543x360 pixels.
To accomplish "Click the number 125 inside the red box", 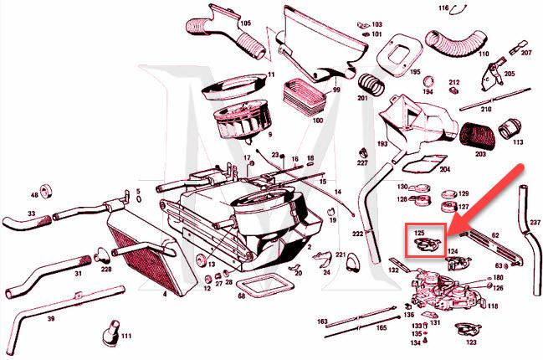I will pos(420,230).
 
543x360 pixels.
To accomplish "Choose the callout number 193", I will pos(382,144).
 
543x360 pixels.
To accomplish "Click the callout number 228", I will pos(105,269).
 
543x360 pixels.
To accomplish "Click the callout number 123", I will pos(471,343).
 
